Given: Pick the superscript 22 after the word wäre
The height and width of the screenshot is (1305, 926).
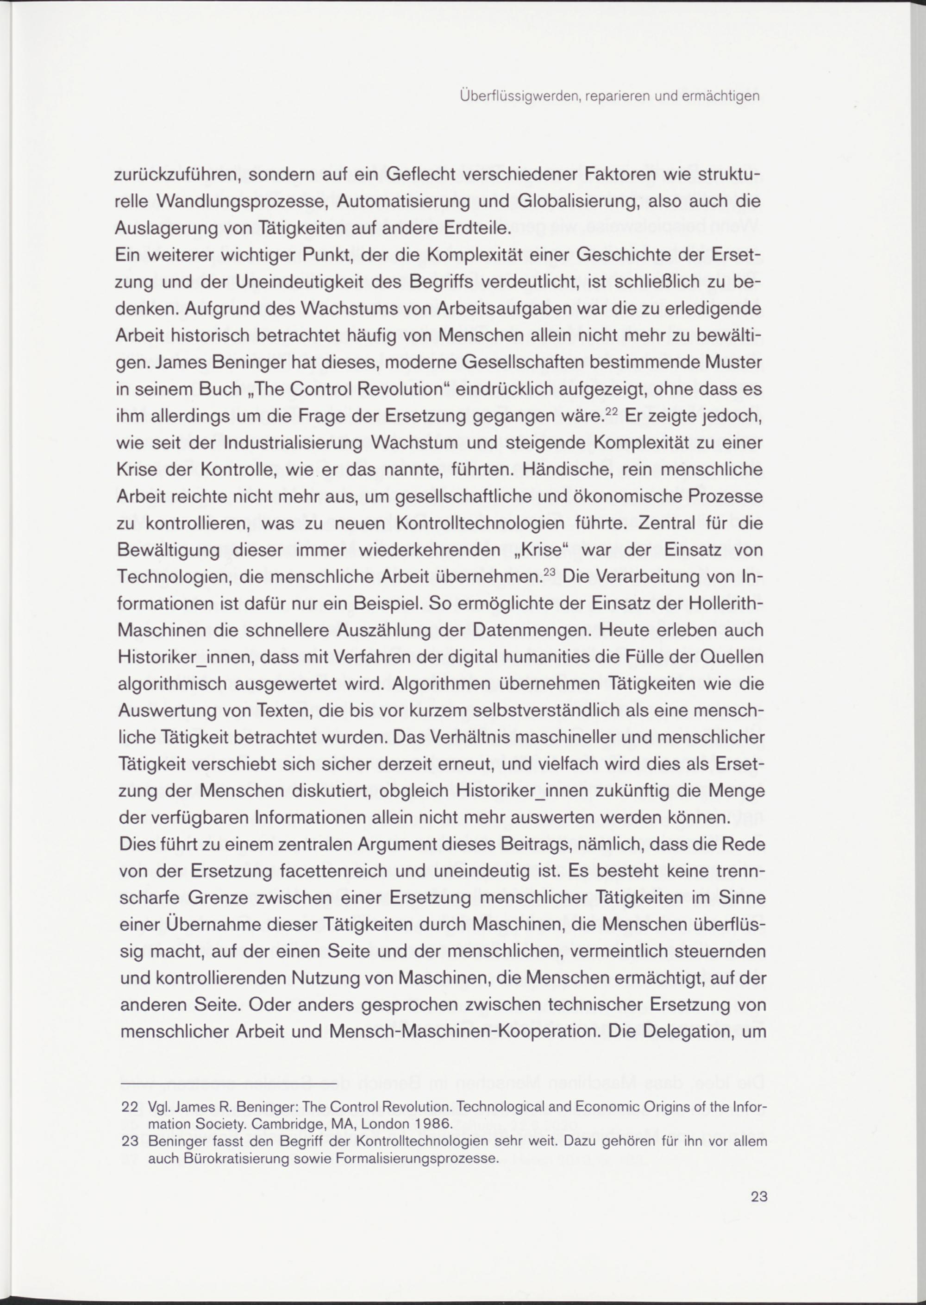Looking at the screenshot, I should tap(611, 411).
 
